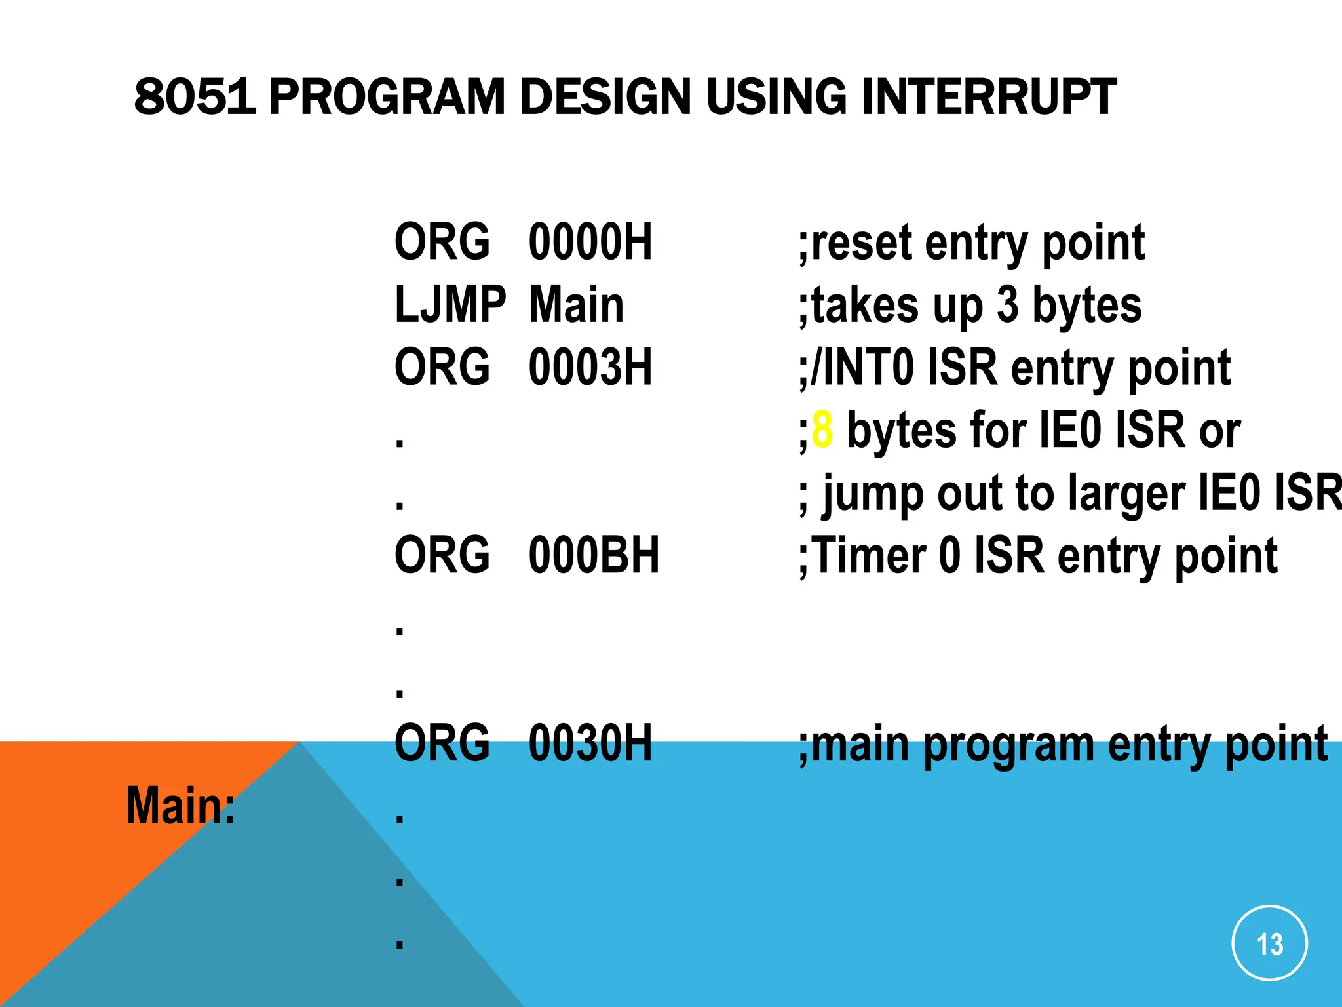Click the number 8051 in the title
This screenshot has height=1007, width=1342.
tap(195, 97)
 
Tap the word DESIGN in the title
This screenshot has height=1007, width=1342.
tap(605, 97)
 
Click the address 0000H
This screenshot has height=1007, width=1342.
tap(590, 242)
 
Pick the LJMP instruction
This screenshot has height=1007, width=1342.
tap(450, 305)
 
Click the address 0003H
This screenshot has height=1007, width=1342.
tap(590, 367)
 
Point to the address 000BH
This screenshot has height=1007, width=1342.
tap(593, 555)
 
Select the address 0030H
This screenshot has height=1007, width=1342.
tap(590, 743)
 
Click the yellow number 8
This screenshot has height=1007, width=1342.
tap(822, 430)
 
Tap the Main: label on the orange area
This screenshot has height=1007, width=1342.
tap(180, 806)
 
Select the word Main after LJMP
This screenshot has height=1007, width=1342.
tap(576, 305)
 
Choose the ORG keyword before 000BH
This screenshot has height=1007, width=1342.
tap(442, 555)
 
